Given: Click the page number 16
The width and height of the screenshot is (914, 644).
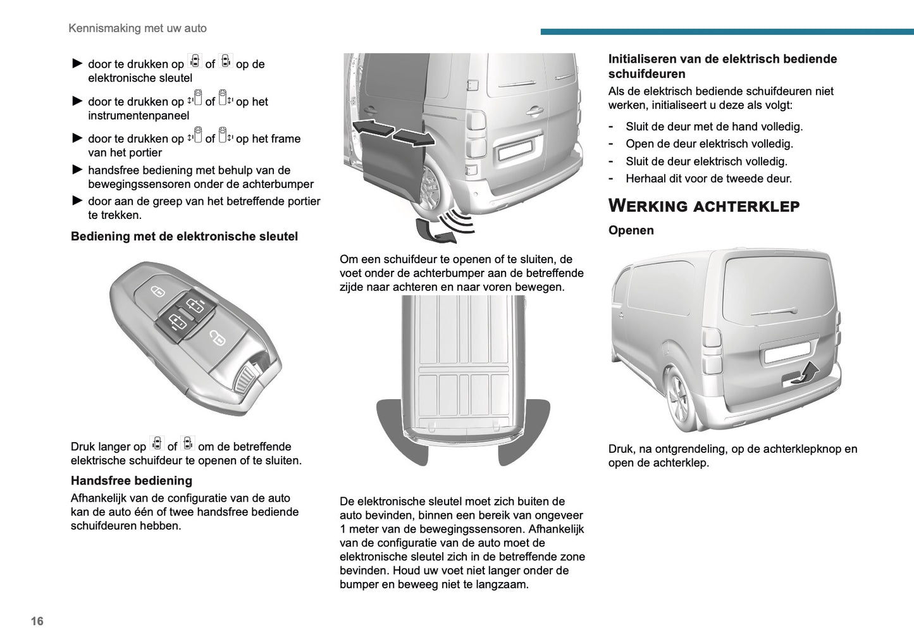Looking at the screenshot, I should point(37,621).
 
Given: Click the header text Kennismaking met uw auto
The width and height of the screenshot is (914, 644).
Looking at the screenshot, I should point(137,28).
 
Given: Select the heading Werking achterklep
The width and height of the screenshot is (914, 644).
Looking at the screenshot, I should point(703,206).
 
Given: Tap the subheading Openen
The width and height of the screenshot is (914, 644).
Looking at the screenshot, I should point(631,230).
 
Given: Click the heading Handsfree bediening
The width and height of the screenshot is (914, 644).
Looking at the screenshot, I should point(131,481).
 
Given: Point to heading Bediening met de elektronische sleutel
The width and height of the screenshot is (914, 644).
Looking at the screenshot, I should point(184,237).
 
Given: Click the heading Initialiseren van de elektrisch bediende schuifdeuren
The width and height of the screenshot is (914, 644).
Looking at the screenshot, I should point(722,66).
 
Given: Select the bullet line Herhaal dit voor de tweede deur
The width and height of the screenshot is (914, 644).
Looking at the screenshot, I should point(708,179).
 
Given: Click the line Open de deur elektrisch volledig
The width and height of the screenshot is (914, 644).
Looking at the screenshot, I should point(708,144).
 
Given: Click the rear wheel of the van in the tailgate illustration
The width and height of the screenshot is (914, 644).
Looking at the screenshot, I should point(679,399).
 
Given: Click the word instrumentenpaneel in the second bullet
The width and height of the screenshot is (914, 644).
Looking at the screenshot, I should point(139,116).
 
